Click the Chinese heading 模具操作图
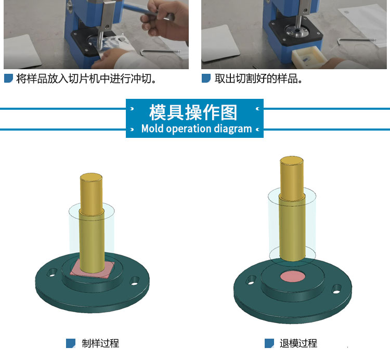[193, 112]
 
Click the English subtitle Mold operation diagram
[197, 128]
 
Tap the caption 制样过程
[100, 343]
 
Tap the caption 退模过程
[298, 343]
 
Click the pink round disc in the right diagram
[293, 277]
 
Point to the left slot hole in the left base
[52, 272]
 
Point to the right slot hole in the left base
[135, 281]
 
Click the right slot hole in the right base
[336, 289]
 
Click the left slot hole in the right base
[251, 280]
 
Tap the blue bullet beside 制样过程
[71, 343]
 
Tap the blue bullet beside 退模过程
[269, 343]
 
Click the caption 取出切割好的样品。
[258, 79]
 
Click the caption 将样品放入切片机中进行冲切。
[86, 79]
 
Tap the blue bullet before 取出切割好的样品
[206, 78]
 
